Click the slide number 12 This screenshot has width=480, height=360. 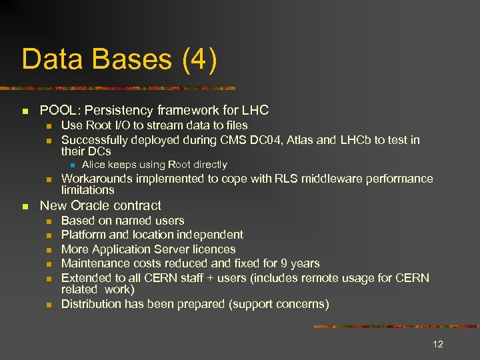coord(438,344)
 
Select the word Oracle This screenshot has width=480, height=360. coord(90,205)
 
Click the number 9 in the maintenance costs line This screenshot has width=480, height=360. coord(287,263)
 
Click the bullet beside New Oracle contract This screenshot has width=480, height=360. coord(25,206)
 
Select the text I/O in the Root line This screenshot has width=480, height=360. coord(126,125)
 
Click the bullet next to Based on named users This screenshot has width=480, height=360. coord(48,221)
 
